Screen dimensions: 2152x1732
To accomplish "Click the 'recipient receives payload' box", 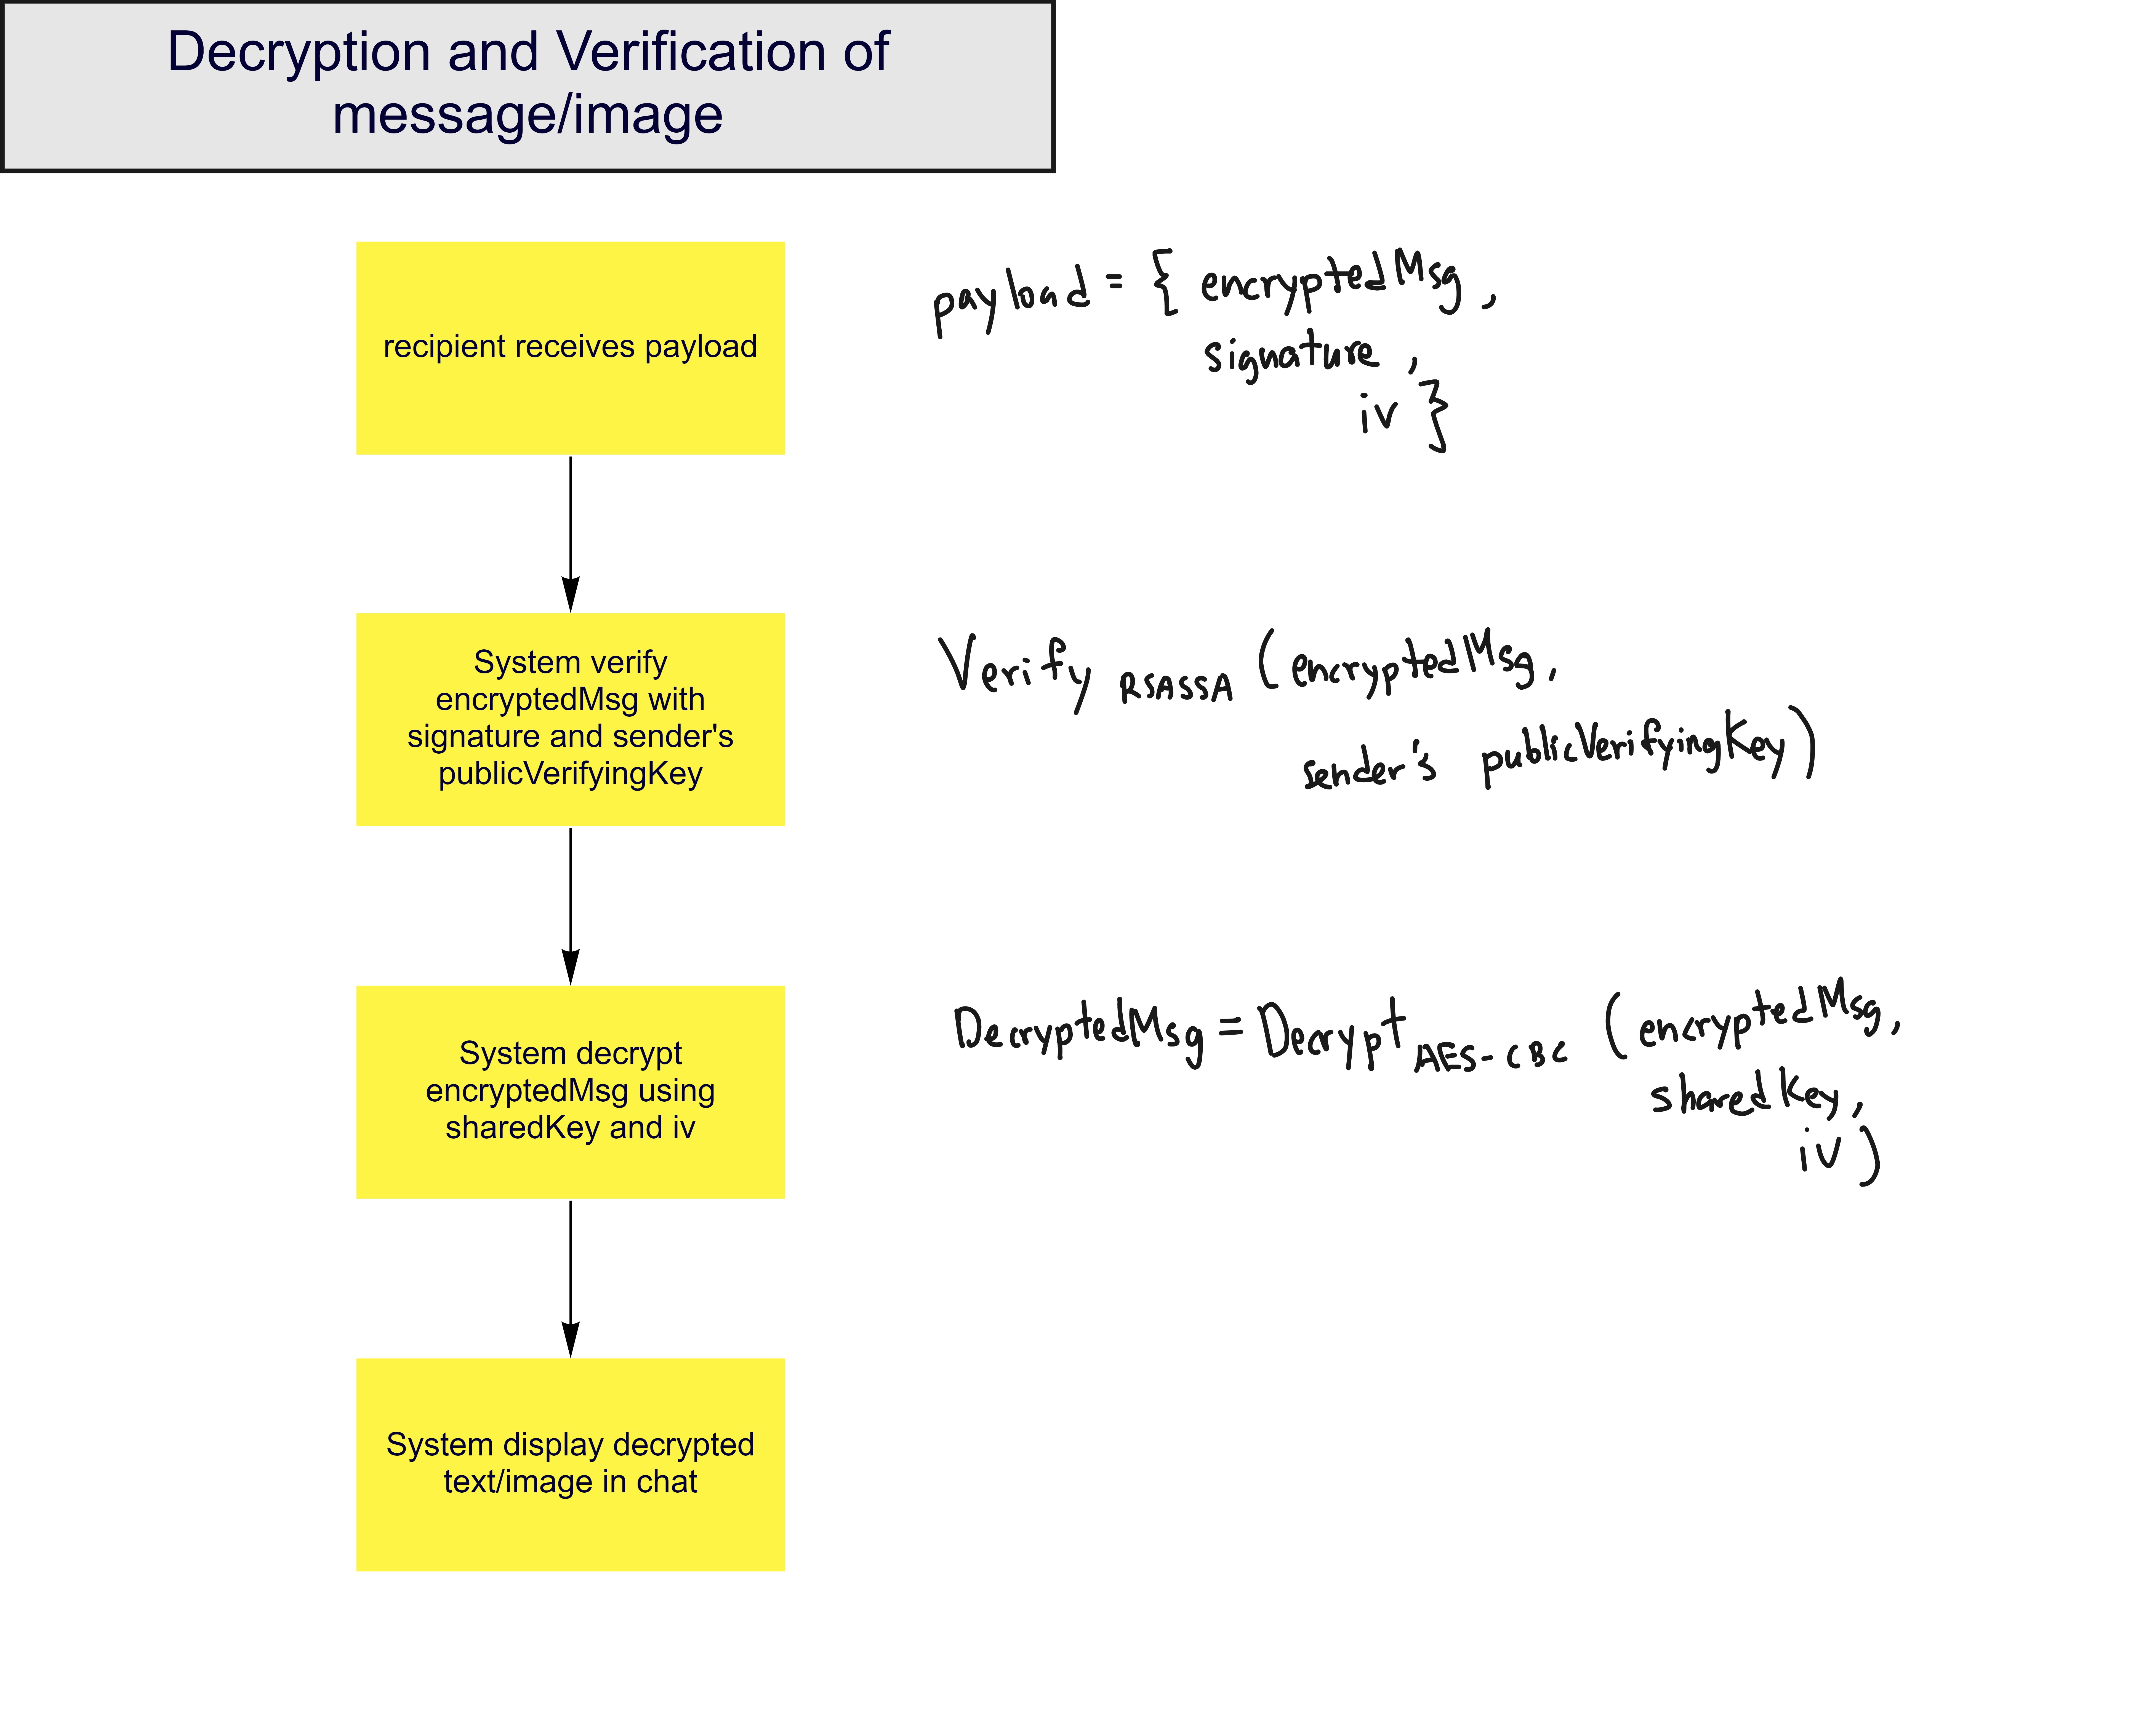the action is tap(570, 347).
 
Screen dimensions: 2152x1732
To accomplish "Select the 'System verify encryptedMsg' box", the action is tap(570, 718).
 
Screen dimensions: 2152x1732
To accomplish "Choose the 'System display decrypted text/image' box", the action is tap(570, 1464).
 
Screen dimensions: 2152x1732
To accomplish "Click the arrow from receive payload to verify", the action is tap(570, 534).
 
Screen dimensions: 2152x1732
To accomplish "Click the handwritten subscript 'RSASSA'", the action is tap(1176, 687).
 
